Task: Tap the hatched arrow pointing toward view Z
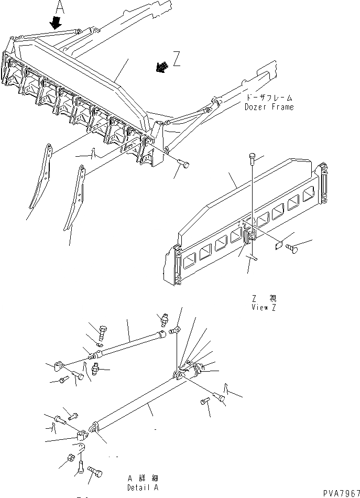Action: (x=163, y=66)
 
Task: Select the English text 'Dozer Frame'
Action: (x=269, y=107)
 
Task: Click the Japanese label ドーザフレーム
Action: (x=269, y=98)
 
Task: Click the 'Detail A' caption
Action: (x=143, y=486)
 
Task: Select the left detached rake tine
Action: (x=41, y=178)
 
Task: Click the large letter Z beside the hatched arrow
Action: (x=177, y=60)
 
